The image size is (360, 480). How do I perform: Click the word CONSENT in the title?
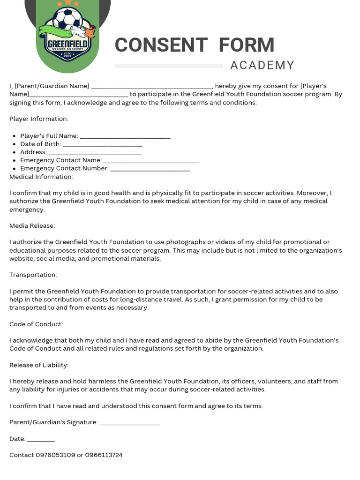pyautogui.click(x=161, y=45)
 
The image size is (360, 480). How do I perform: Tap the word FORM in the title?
pyautogui.click(x=247, y=45)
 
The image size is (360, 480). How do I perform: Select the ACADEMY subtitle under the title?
pyautogui.click(x=262, y=66)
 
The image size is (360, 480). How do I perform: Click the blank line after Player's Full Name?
pyautogui.click(x=125, y=137)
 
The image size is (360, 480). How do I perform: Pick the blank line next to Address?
pyautogui.click(x=95, y=153)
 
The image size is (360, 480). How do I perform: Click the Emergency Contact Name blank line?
pyautogui.click(x=151, y=161)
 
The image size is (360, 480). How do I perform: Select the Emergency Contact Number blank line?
pyautogui.click(x=150, y=169)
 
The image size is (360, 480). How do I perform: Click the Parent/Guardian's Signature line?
pyautogui.click(x=130, y=423)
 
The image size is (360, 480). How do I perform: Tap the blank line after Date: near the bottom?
pyautogui.click(x=41, y=440)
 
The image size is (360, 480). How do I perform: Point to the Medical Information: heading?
pyautogui.click(x=41, y=177)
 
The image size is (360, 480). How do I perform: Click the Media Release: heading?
pyautogui.click(x=32, y=226)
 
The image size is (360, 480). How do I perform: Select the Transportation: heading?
pyautogui.click(x=33, y=275)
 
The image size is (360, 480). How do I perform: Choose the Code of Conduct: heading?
pyautogui.click(x=36, y=324)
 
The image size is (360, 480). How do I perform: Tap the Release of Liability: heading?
pyautogui.click(x=39, y=365)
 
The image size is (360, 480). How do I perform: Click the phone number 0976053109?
pyautogui.click(x=55, y=455)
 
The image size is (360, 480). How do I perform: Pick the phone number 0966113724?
pyautogui.click(x=104, y=455)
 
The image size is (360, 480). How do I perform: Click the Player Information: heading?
pyautogui.click(x=39, y=119)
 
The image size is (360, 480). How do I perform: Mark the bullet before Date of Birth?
pyautogui.click(x=15, y=144)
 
